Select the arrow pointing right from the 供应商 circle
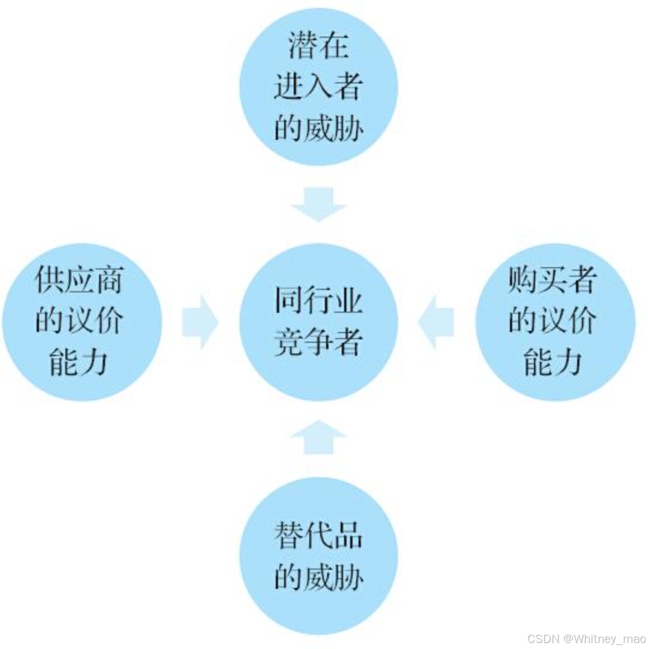tap(200, 322)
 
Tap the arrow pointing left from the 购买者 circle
tap(436, 322)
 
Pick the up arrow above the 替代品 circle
tap(318, 437)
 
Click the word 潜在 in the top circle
tap(318, 46)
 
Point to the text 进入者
tap(318, 87)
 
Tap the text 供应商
tap(79, 280)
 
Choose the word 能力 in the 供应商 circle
tap(79, 361)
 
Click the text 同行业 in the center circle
tap(318, 300)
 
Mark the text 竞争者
tap(318, 342)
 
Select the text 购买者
tap(553, 280)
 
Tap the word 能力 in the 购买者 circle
tap(553, 361)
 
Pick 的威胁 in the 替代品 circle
tap(318, 576)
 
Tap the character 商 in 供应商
tap(108, 280)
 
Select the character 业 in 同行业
tap(348, 300)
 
